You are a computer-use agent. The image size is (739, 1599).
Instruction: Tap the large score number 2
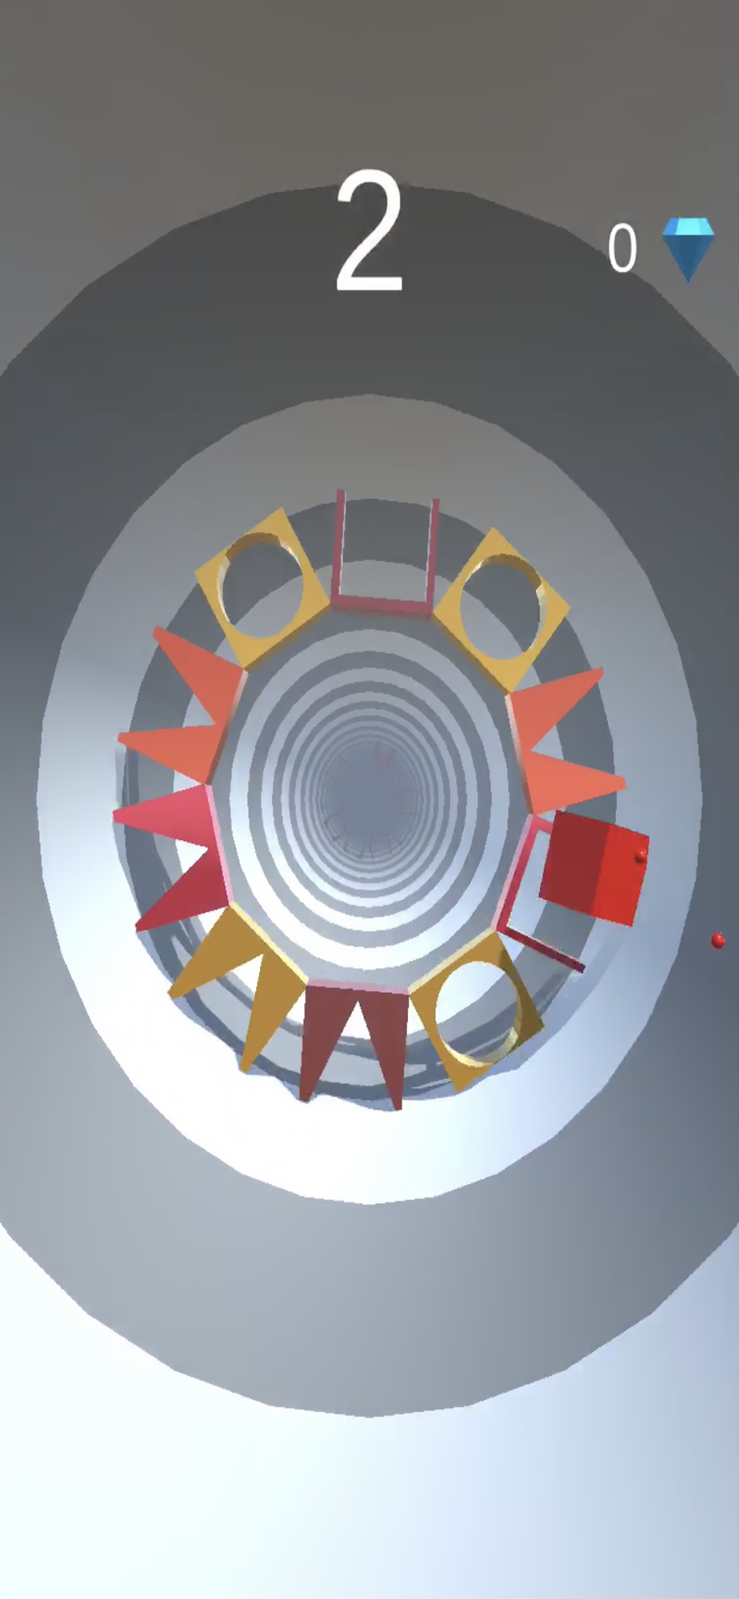click(x=369, y=232)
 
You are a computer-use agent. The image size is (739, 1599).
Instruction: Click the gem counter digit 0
click(x=622, y=248)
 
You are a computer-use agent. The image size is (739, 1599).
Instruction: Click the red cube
click(x=594, y=867)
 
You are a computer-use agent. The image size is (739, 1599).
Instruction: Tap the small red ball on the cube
click(x=640, y=857)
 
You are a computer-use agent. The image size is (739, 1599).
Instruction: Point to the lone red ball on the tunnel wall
click(x=717, y=940)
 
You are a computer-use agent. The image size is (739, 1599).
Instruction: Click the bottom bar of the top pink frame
click(x=382, y=604)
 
